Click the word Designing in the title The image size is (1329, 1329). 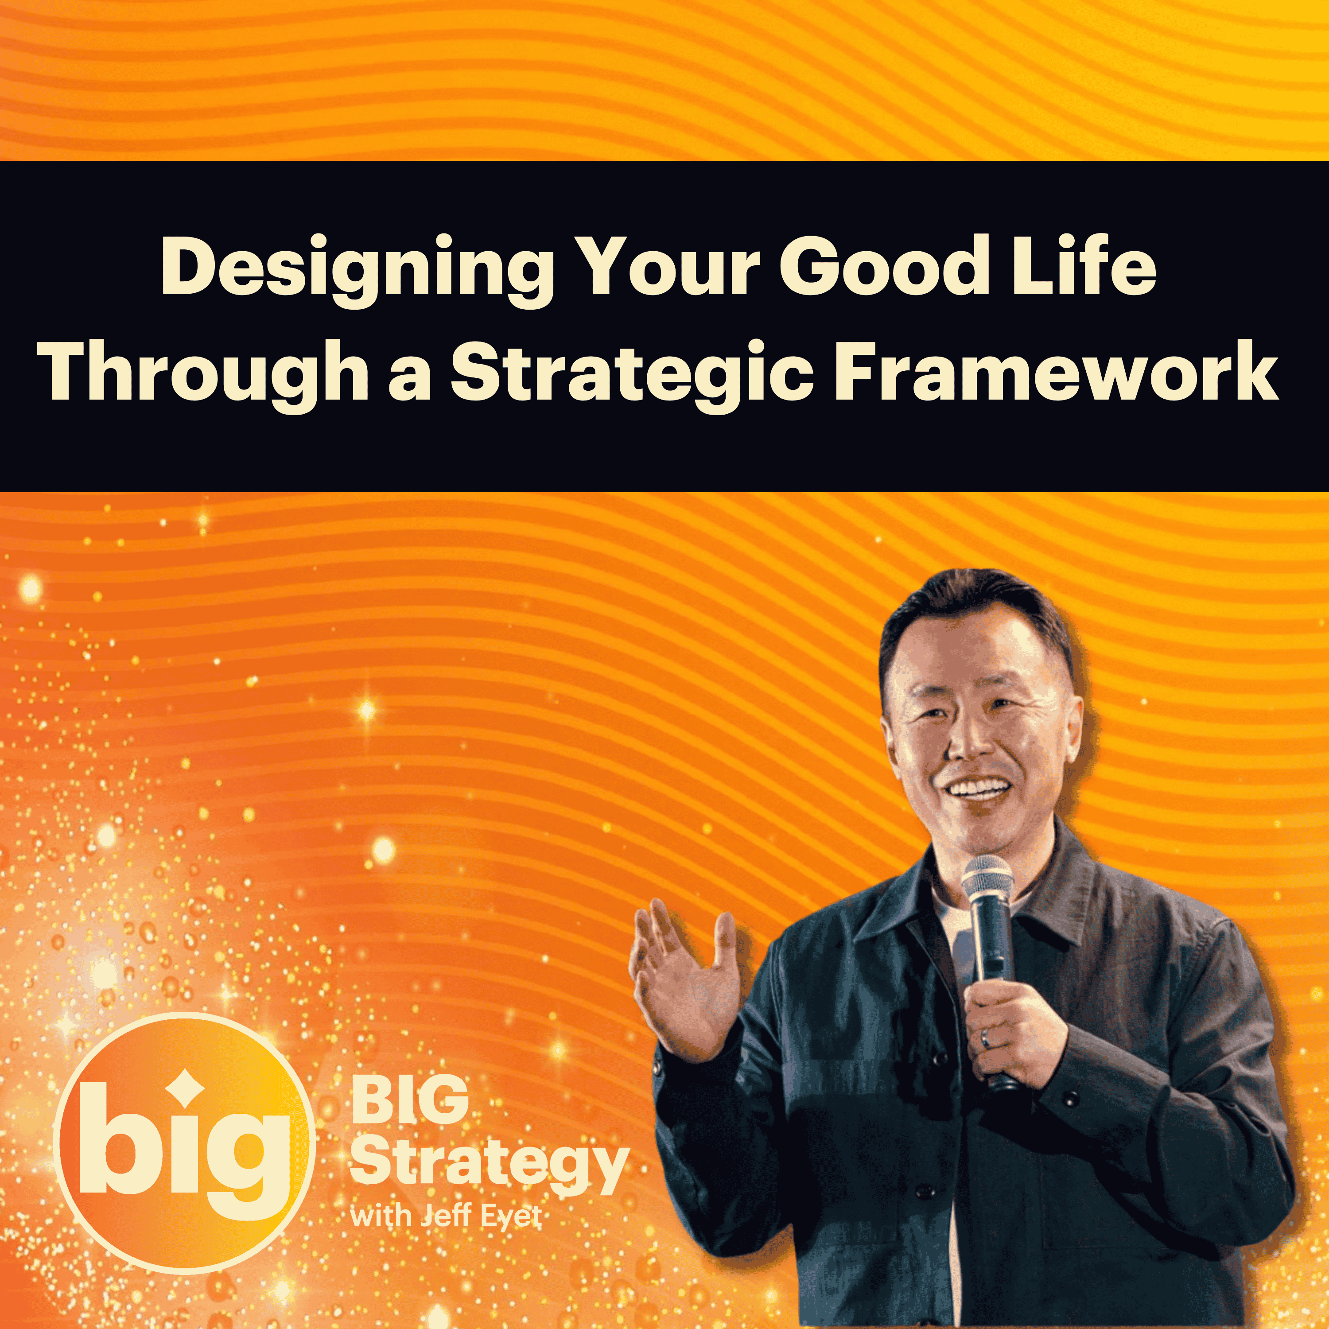click(x=357, y=270)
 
